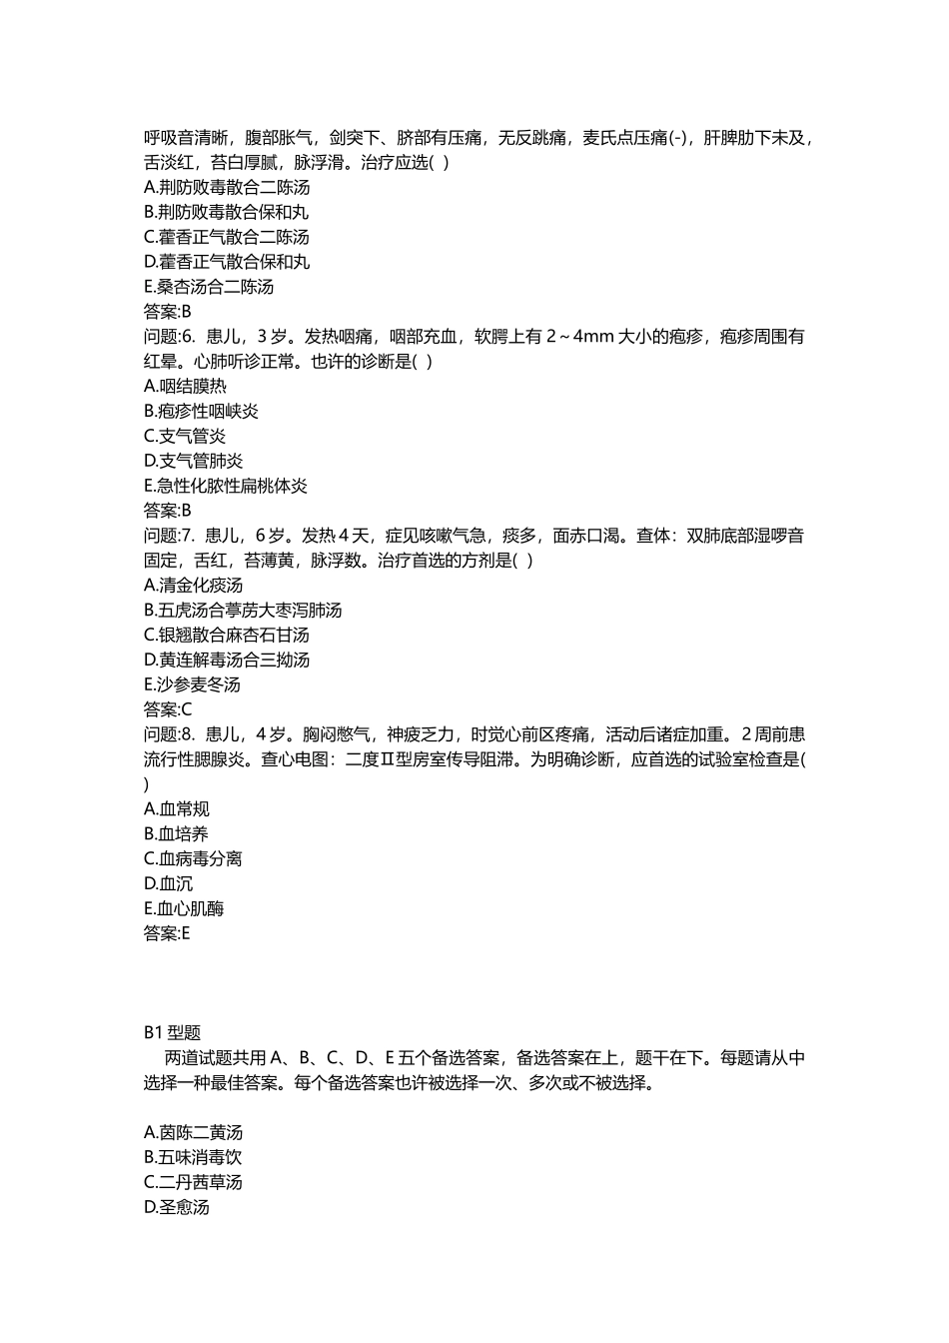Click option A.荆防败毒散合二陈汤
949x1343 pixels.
point(227,188)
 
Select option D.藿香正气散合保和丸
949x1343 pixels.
point(227,262)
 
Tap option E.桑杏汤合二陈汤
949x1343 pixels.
point(209,287)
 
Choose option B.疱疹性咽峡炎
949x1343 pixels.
point(202,412)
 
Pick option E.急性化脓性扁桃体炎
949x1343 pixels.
point(226,487)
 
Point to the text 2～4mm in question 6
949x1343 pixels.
point(580,337)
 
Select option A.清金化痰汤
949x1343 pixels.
point(194,586)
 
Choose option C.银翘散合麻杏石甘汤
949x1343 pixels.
point(227,636)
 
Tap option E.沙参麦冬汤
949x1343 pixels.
point(193,685)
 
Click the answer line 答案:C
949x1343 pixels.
point(168,710)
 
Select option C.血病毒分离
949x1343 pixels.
point(193,859)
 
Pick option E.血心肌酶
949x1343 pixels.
point(184,909)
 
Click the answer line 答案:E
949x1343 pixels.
point(167,934)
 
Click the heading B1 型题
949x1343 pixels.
point(173,1033)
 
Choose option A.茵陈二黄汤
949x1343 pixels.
point(194,1133)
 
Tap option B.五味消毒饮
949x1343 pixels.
point(193,1158)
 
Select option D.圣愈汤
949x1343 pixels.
point(177,1207)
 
